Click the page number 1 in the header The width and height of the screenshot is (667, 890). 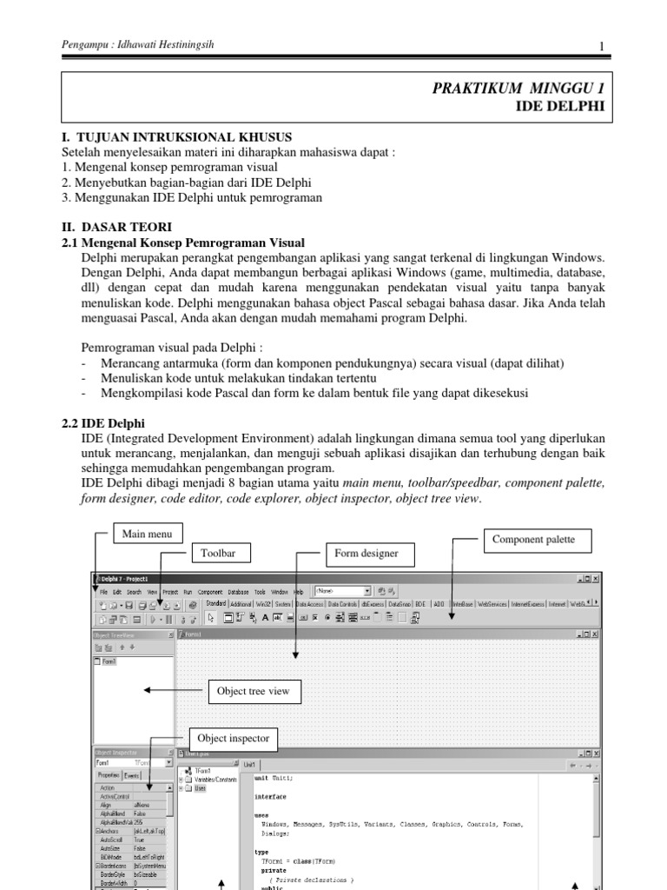click(600, 46)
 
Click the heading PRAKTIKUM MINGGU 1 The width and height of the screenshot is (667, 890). click(518, 88)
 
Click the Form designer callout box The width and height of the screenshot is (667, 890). click(368, 553)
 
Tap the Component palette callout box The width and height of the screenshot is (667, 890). click(533, 540)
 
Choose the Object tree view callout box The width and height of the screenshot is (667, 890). click(254, 692)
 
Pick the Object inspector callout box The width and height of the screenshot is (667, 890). click(234, 739)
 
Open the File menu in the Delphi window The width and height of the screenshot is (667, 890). click(103, 591)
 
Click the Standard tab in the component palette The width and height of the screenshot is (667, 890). click(215, 602)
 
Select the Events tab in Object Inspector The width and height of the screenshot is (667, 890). click(132, 774)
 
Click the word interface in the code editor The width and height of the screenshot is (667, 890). click(270, 796)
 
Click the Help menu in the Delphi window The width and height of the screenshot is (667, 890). click(298, 591)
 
